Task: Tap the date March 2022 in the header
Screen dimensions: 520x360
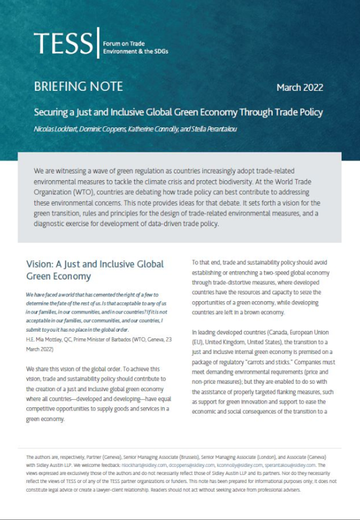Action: [x=300, y=88]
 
